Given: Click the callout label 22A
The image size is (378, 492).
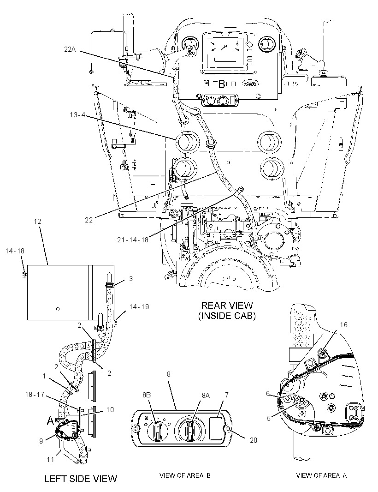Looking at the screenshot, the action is pyautogui.click(x=70, y=49).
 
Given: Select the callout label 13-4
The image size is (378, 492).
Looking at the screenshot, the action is pyautogui.click(x=77, y=115).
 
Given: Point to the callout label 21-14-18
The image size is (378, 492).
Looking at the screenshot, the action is pyautogui.click(x=133, y=240).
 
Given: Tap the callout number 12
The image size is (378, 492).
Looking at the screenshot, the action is pyautogui.click(x=37, y=221).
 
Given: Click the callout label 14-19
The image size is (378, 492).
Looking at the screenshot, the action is pyautogui.click(x=139, y=306).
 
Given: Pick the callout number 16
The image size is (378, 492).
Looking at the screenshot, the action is pyautogui.click(x=343, y=324).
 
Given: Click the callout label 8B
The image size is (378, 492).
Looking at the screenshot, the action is pyautogui.click(x=147, y=395).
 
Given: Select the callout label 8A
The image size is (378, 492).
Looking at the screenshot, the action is pyautogui.click(x=206, y=396).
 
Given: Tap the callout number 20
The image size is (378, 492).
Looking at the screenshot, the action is pyautogui.click(x=253, y=440).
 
